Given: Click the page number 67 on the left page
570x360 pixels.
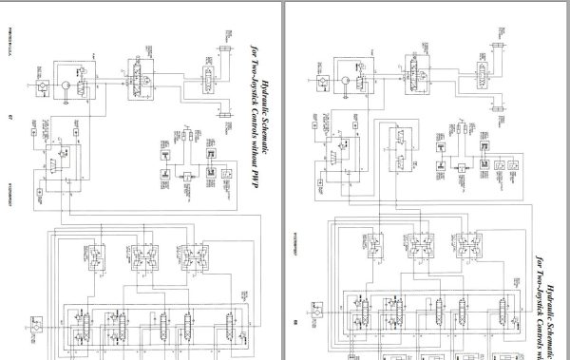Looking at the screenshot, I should click(x=9, y=116).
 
